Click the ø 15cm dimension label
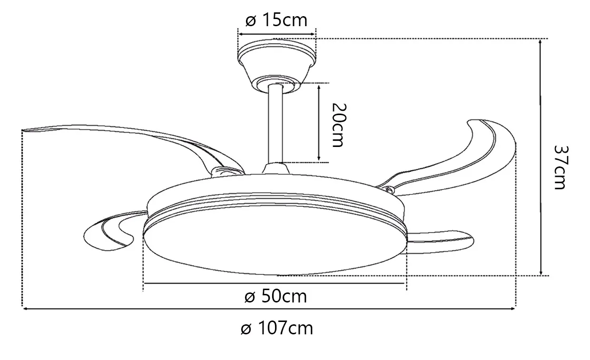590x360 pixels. (276, 20)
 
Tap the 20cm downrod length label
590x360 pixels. (339, 125)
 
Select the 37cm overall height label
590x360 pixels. (561, 167)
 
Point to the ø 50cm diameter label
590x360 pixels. (276, 297)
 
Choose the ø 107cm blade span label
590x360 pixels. (277, 328)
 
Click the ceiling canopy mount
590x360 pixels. (276, 66)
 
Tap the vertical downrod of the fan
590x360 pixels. (275, 124)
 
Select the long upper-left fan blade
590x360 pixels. (132, 137)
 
